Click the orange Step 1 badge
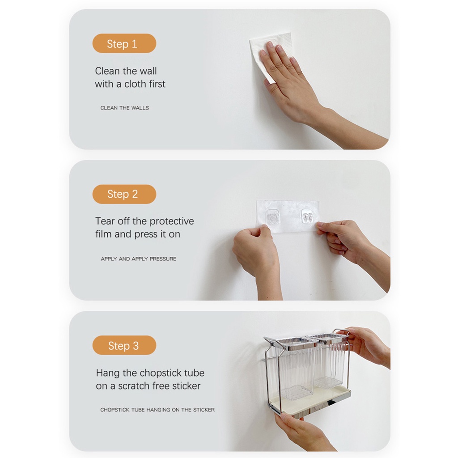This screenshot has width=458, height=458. click(x=124, y=43)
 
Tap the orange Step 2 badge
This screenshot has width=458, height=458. click(x=124, y=194)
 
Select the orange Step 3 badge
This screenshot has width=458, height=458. click(x=124, y=345)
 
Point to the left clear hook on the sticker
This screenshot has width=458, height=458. click(x=273, y=216)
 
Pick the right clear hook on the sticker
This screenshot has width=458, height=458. click(x=307, y=216)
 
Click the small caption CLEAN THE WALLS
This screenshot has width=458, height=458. click(x=125, y=108)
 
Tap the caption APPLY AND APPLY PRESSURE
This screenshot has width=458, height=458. click(x=139, y=259)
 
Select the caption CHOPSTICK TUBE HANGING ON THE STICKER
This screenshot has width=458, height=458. click(x=157, y=410)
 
